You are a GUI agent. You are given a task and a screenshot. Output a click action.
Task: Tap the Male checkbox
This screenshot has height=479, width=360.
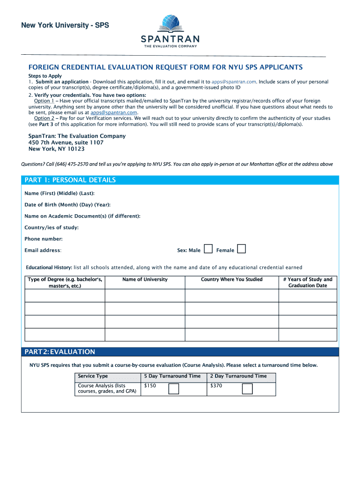pos(209,249)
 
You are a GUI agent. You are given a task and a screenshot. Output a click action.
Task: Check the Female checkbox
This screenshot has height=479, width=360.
pos(241,249)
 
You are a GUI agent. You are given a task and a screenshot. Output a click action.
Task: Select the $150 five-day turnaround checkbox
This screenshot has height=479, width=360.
pos(173,389)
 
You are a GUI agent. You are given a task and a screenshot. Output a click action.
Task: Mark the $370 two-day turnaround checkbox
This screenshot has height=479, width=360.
pos(247,389)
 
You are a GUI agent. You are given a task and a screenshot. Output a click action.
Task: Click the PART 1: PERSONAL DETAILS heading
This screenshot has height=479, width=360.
pos(70,180)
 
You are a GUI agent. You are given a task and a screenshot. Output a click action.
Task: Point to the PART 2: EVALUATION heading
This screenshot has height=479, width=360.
pos(59,352)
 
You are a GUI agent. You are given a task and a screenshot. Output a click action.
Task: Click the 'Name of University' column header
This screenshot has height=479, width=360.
pos(145,280)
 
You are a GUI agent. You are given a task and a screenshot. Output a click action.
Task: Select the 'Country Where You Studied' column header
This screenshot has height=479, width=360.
pos(231,280)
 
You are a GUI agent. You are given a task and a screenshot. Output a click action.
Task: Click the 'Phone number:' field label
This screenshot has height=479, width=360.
pos(43,239)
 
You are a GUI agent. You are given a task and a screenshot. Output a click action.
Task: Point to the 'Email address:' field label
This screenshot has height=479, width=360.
pos(43,251)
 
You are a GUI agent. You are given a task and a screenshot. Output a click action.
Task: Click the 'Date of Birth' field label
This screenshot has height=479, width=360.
pos(67,204)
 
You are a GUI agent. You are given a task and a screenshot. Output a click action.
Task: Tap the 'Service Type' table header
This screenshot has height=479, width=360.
pos(93,376)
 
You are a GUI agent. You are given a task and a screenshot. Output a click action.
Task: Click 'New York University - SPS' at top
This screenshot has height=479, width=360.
pos(65,25)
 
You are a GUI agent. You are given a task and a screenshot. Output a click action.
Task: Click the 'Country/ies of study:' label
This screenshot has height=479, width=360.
pos(51,227)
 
